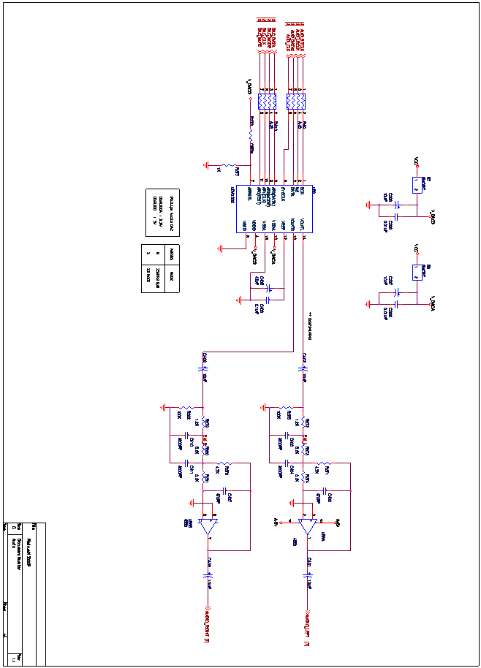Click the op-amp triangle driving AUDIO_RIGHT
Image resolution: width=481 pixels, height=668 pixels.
click(208, 525)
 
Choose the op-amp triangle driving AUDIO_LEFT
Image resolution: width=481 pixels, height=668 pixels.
click(308, 525)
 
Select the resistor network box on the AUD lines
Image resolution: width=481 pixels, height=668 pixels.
click(295, 102)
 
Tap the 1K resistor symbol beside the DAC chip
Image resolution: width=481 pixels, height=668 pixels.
click(229, 166)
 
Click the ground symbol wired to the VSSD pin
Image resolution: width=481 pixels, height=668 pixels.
click(220, 248)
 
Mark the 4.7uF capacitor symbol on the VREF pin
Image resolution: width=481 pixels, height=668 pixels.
click(269, 289)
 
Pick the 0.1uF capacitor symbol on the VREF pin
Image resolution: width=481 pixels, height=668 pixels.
click(268, 300)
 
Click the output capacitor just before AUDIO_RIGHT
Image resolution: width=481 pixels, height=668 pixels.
click(208, 575)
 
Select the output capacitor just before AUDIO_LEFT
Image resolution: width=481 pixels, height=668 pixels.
click(307, 575)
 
